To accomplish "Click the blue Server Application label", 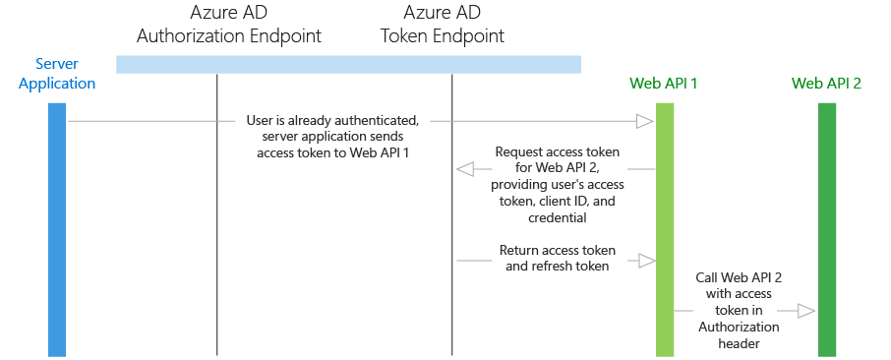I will pos(57,74).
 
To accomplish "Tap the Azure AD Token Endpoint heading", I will pos(442,26).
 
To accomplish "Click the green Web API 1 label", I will pos(665,83).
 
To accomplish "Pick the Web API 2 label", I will pos(826,83).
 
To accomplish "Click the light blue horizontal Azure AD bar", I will pos(348,64).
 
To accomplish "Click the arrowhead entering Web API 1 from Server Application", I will pos(645,121).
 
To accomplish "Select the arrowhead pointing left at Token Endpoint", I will pos(465,169).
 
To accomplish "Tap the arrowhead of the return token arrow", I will pos(646,261).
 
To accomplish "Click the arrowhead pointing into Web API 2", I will pos(806,312).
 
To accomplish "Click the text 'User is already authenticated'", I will pos(332,121).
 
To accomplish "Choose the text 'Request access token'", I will pos(558,152).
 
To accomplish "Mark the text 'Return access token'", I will pos(558,250).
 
